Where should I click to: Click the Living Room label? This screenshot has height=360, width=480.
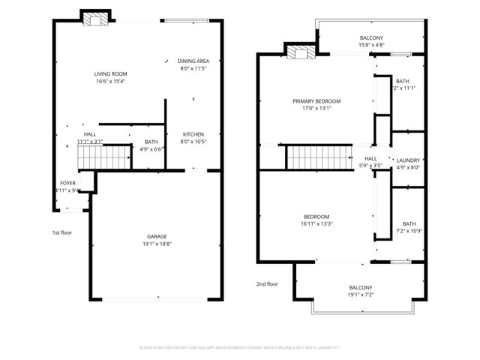point(110,73)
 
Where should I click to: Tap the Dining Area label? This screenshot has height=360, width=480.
point(193,61)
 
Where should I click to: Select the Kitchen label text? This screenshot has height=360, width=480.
point(193,134)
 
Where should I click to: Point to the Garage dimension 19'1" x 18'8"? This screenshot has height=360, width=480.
point(157,244)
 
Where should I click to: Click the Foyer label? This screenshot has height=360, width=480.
point(67,182)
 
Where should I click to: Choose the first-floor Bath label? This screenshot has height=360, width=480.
point(151,142)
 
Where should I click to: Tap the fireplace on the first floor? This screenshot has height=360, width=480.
point(95,19)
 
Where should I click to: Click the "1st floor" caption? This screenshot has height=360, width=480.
point(61,232)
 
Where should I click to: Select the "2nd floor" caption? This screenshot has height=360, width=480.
point(267,283)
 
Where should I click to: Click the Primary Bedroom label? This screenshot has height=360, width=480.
point(316,100)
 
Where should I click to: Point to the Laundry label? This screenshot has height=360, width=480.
point(408,160)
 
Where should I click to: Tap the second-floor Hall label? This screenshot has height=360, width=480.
point(370,158)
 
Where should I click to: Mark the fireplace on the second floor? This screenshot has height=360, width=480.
point(301,52)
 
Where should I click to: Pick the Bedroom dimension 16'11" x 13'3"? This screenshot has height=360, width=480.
point(316,223)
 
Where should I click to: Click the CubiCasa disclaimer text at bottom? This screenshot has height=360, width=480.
point(240,347)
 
